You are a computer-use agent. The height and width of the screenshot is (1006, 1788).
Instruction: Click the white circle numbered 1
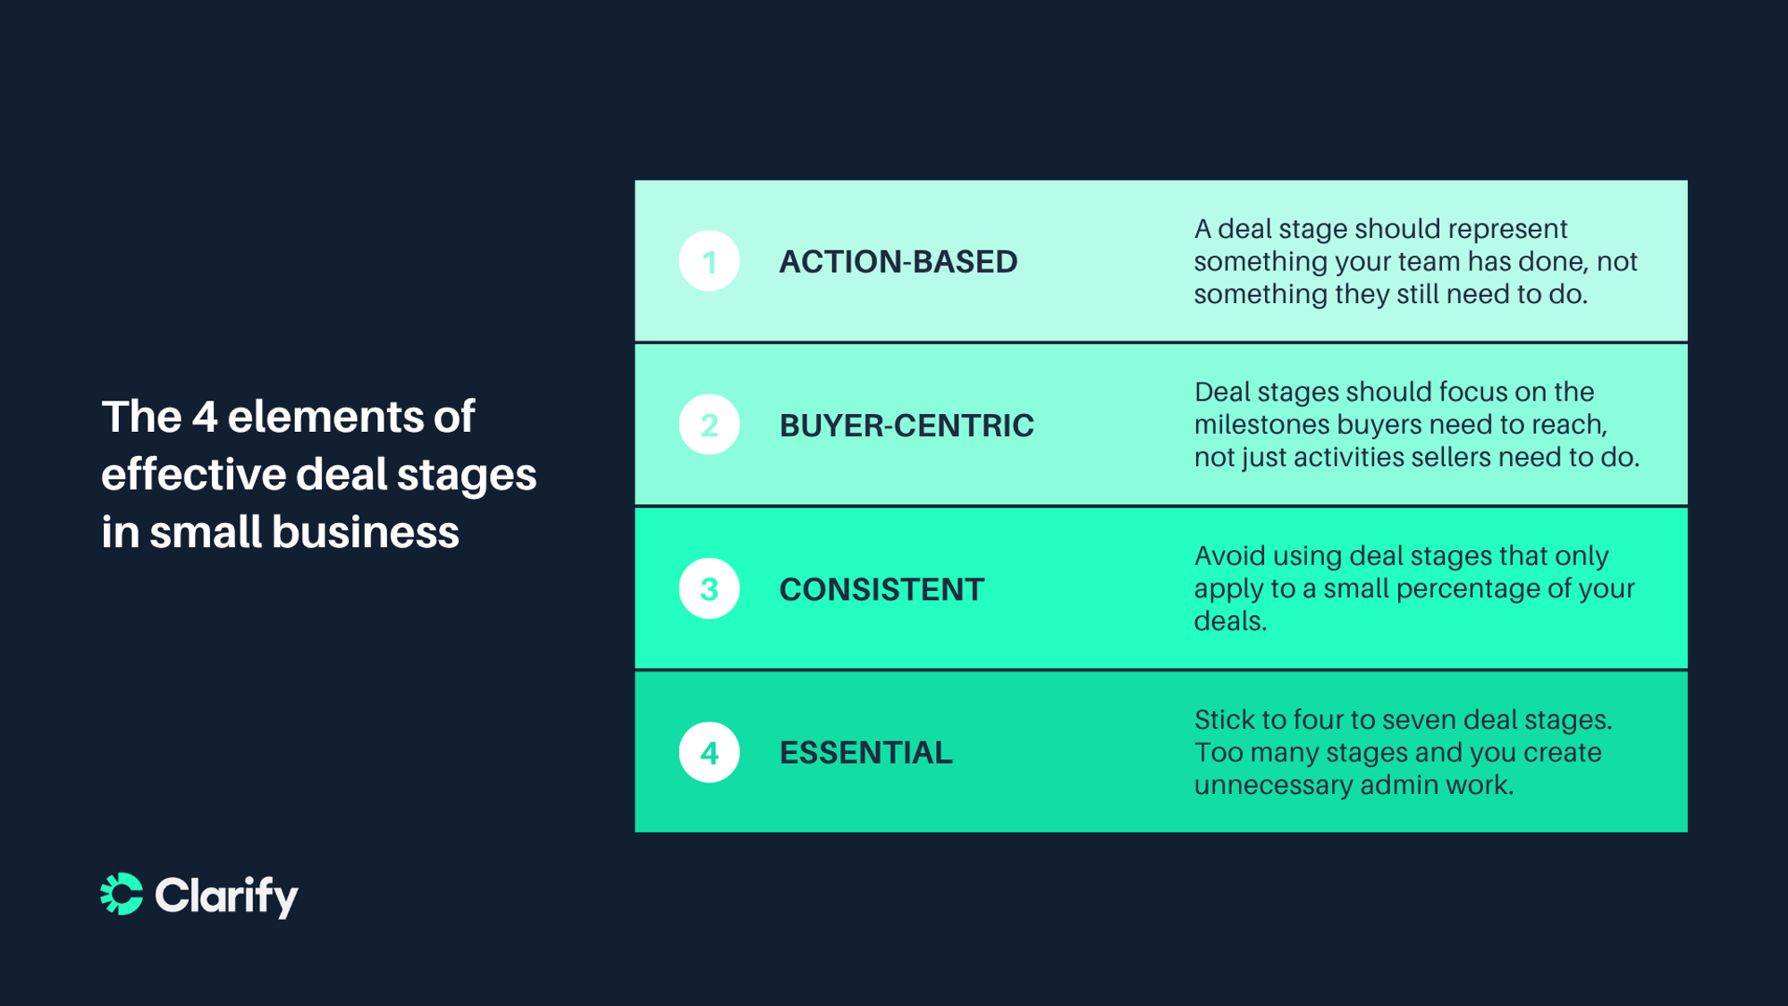click(x=709, y=261)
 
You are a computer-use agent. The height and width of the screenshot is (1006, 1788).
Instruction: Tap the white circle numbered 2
click(x=709, y=425)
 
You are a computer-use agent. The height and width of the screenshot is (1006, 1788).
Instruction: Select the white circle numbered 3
click(x=709, y=588)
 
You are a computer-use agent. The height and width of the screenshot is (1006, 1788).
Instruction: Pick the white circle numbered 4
click(x=709, y=752)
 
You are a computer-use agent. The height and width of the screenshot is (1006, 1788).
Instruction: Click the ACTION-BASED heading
click(x=898, y=262)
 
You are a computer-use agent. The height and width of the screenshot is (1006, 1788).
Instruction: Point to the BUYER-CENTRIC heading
click(x=906, y=426)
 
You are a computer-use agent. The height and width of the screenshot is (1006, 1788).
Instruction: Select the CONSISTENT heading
click(x=881, y=589)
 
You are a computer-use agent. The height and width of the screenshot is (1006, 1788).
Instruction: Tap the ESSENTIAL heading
click(x=865, y=753)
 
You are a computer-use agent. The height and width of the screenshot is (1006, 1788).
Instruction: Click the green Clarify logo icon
click(x=122, y=894)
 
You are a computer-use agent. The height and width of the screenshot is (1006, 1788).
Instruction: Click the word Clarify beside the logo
click(x=226, y=895)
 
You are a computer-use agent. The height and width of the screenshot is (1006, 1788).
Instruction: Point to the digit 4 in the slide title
click(x=205, y=417)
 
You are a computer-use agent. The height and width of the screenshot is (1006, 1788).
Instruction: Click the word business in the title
click(x=366, y=532)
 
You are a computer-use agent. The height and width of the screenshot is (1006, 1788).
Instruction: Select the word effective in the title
click(x=193, y=474)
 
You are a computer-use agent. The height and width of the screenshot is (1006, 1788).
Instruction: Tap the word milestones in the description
click(x=1261, y=425)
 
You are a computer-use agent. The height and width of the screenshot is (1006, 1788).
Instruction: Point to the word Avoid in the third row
click(x=1228, y=556)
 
